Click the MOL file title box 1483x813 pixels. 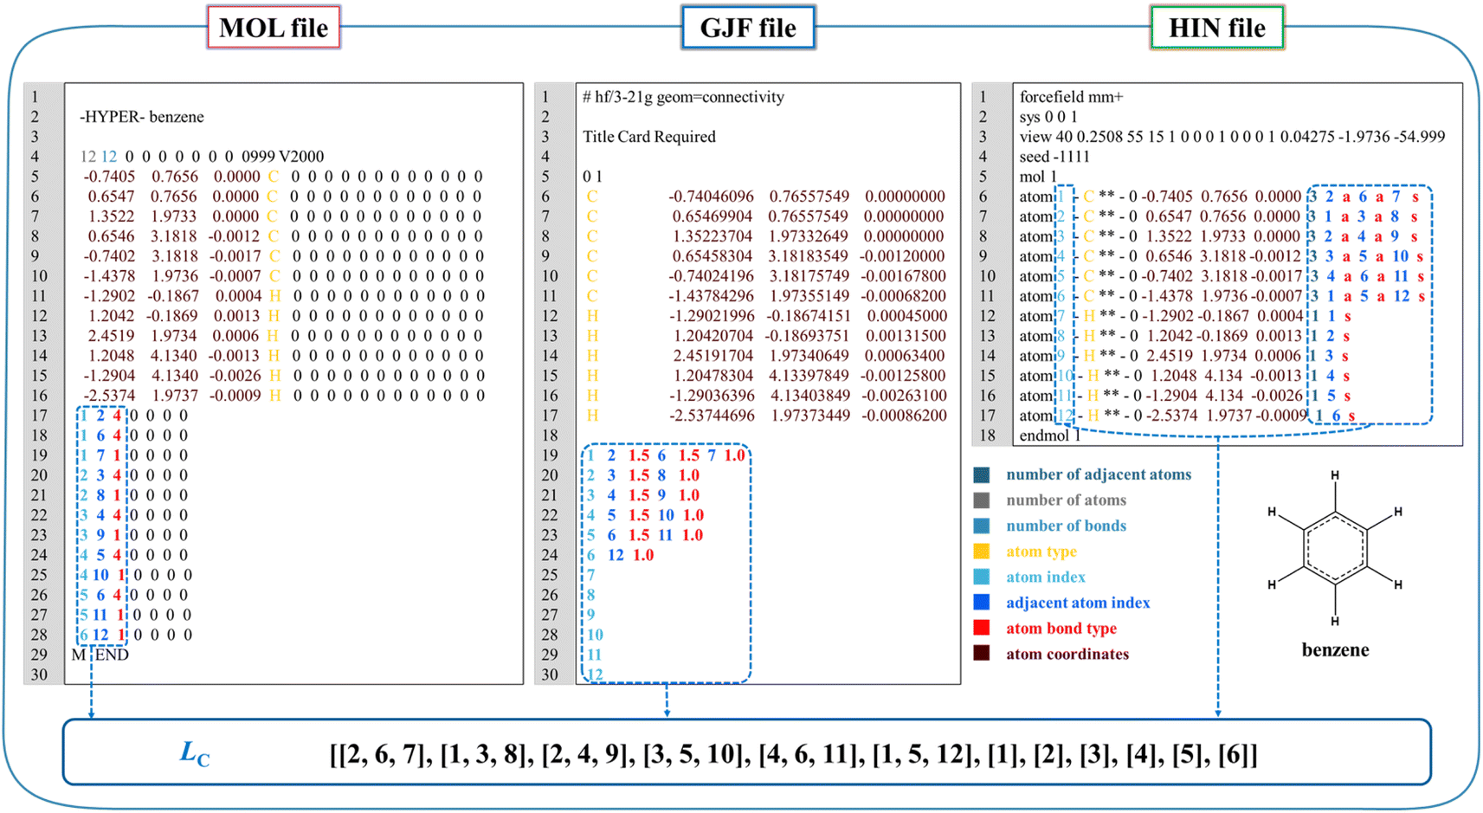click(x=274, y=27)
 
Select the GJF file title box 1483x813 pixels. click(x=748, y=27)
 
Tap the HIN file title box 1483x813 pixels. click(x=1217, y=27)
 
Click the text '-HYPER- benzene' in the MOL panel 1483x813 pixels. click(x=142, y=117)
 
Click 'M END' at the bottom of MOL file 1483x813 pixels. click(x=100, y=655)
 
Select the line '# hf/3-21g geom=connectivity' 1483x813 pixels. click(x=682, y=97)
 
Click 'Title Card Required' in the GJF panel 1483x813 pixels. click(x=648, y=137)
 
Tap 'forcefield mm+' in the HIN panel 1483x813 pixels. click(x=1071, y=97)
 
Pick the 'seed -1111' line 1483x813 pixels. click(x=1054, y=156)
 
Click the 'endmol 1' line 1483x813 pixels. click(x=1050, y=436)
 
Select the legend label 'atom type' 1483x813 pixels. click(x=1041, y=552)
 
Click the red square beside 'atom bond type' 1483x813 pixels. click(x=981, y=628)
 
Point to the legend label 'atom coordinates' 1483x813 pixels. click(x=1067, y=654)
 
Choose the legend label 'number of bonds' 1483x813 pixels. click(x=1066, y=526)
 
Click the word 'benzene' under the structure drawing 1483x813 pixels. click(x=1335, y=649)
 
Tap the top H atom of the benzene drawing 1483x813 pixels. click(x=1335, y=475)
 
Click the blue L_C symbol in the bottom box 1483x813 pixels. click(x=195, y=753)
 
